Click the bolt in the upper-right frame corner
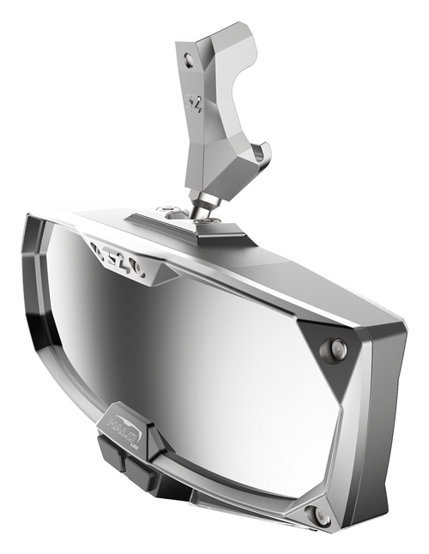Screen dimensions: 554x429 coord(339,347)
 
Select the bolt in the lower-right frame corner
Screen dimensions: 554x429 coord(321,516)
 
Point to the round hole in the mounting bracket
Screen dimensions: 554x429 coord(190,59)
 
